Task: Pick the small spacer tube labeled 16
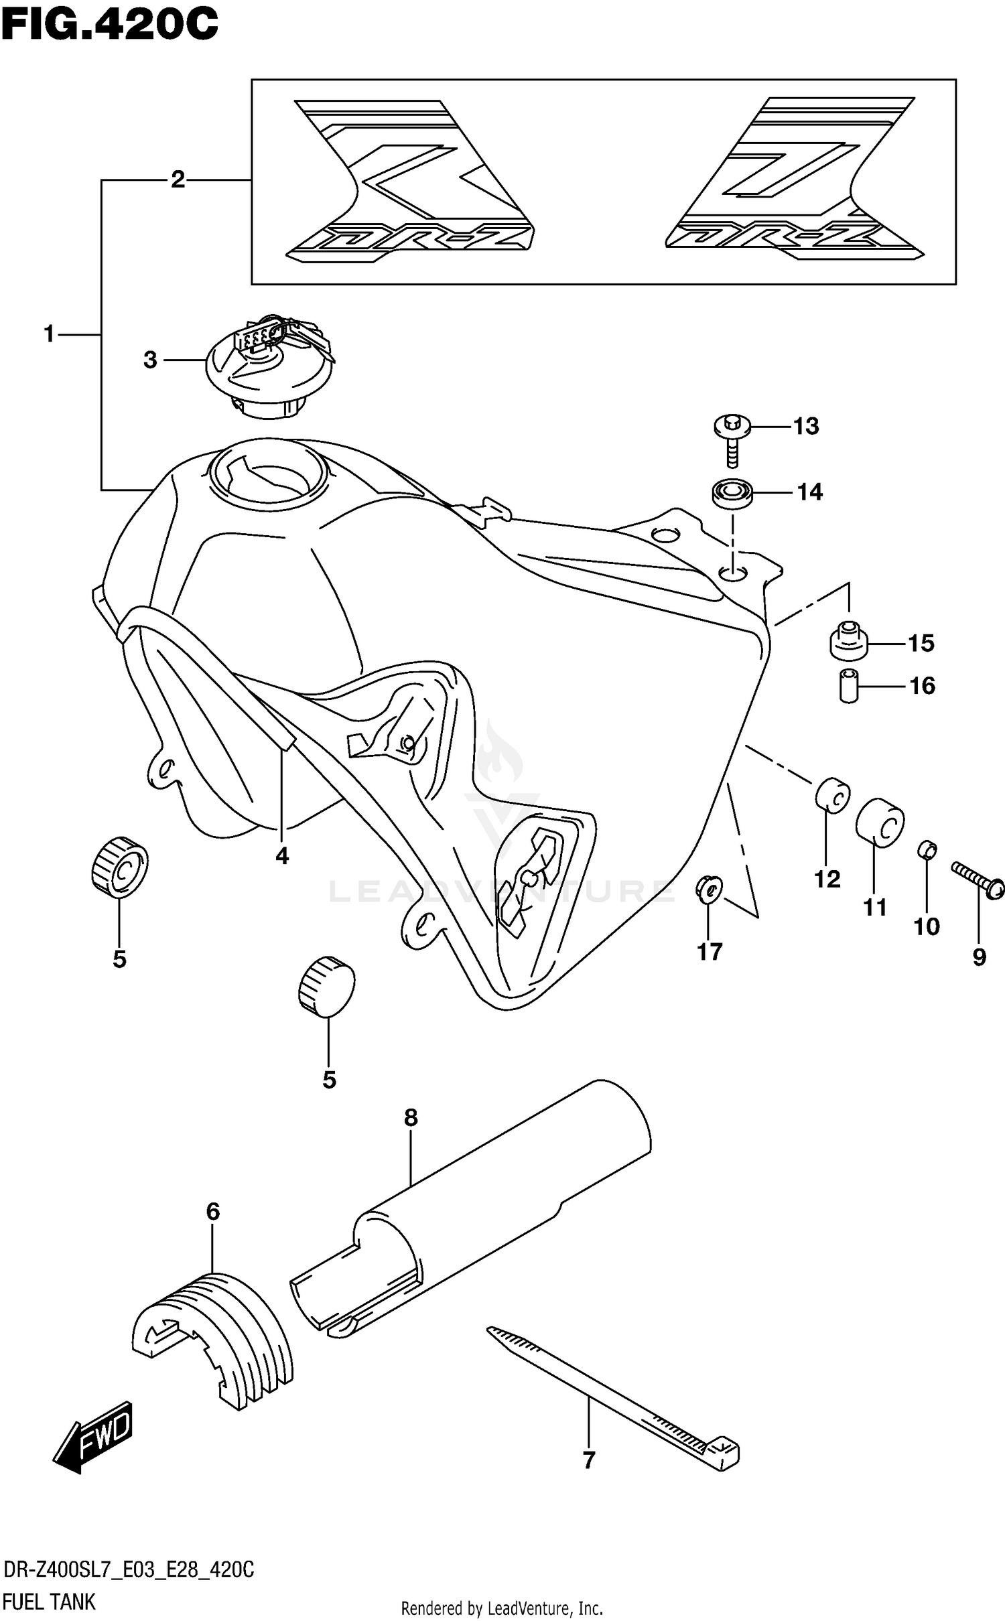[849, 685]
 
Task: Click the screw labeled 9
[978, 877]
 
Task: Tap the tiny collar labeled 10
[927, 850]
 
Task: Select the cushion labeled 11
[880, 823]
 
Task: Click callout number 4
[282, 855]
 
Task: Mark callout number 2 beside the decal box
[178, 180]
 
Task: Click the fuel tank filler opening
[268, 476]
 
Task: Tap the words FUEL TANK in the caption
[50, 1602]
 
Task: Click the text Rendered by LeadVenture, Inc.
[502, 1608]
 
